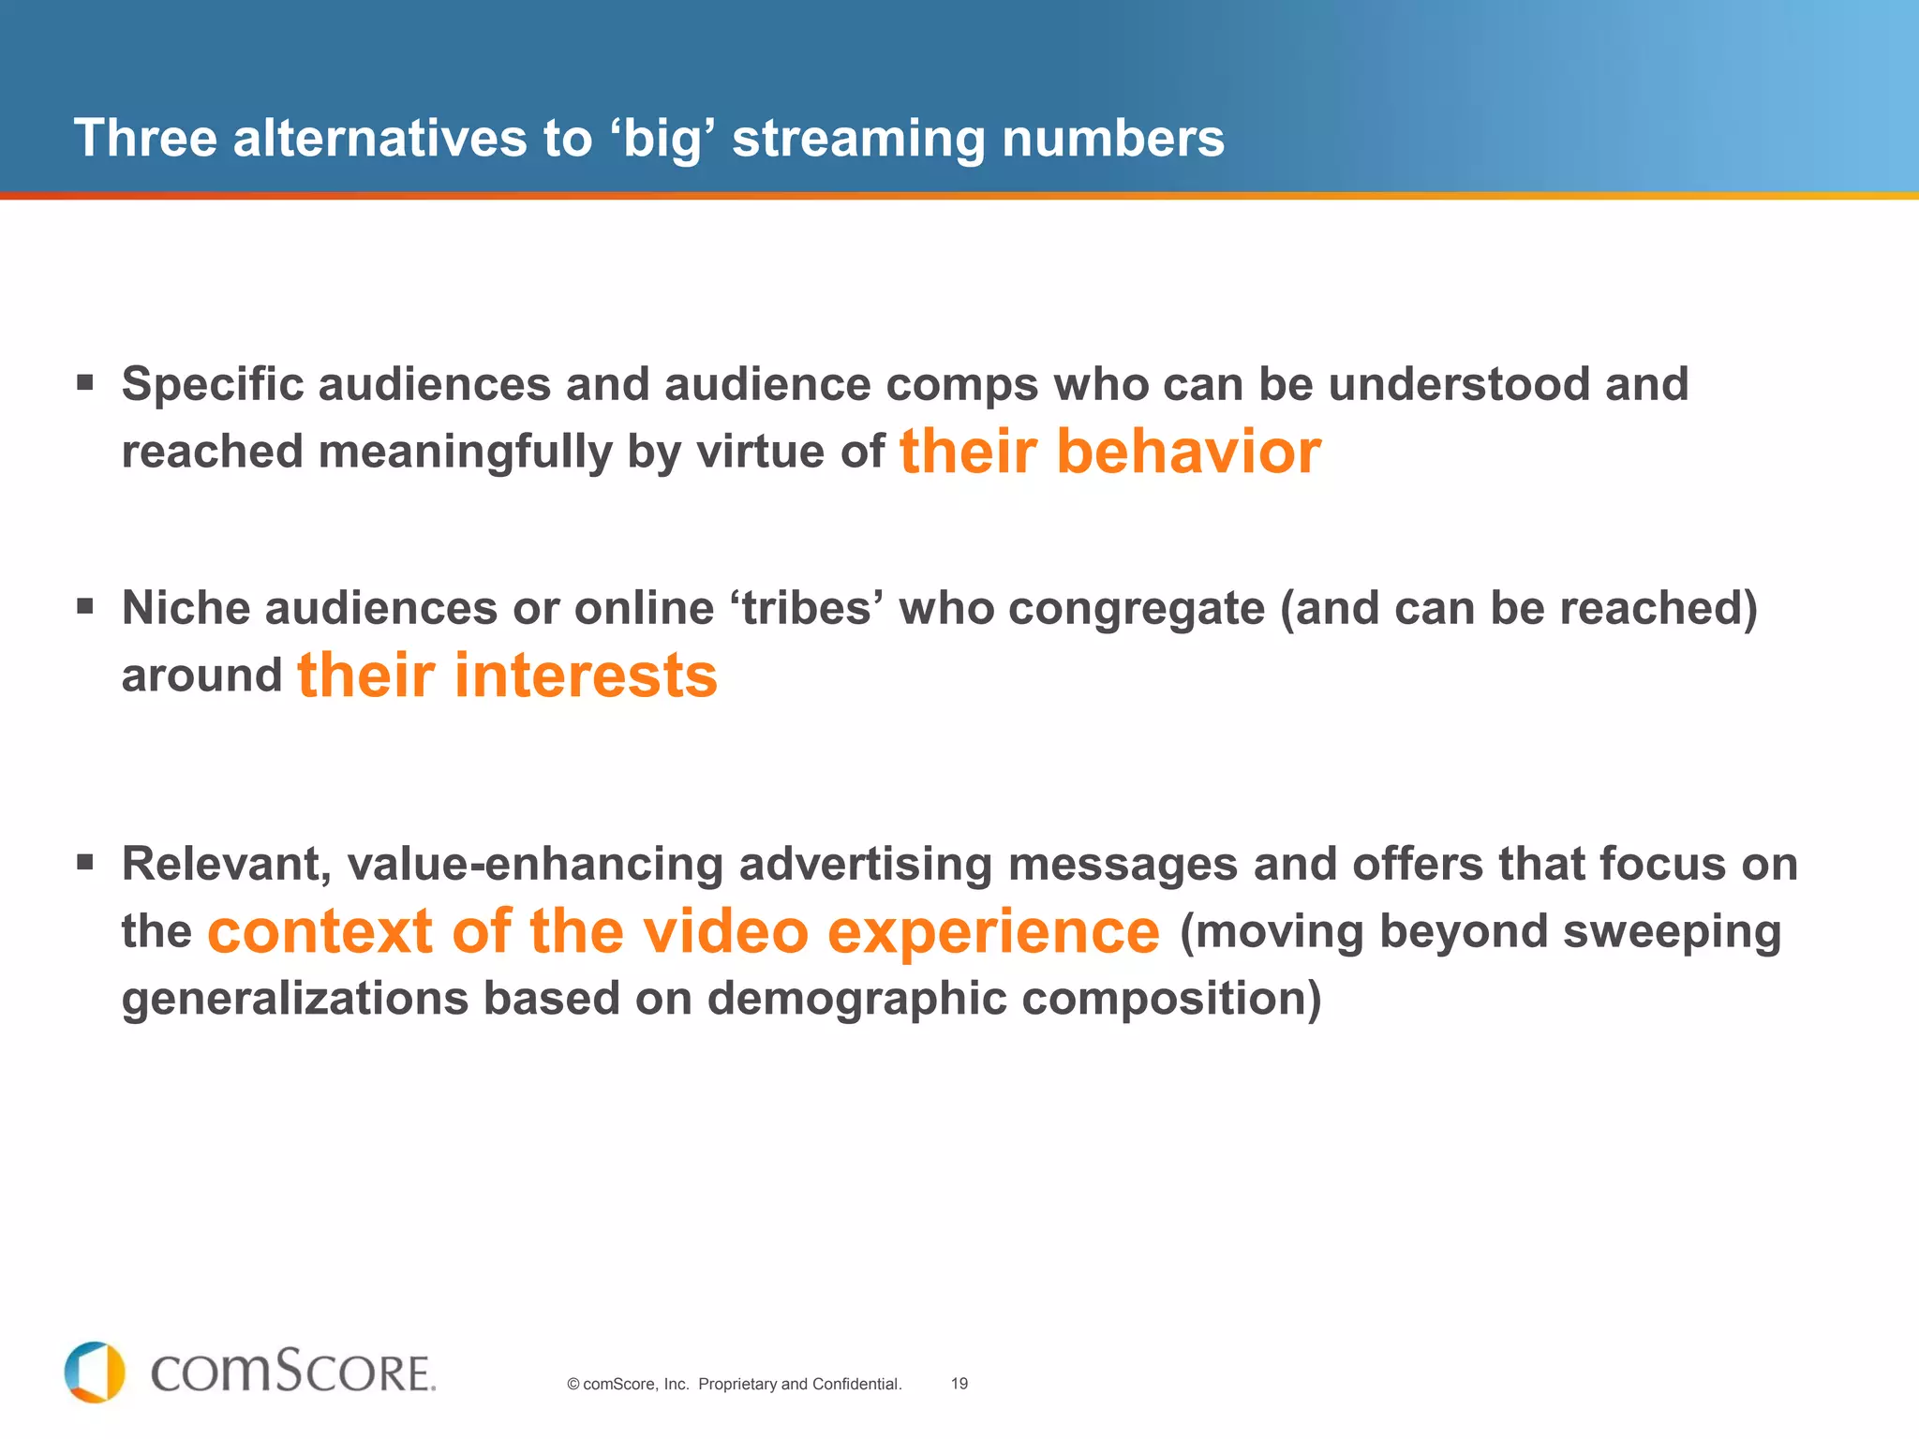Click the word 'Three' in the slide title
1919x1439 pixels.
(x=145, y=138)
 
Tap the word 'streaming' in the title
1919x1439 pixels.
(x=857, y=140)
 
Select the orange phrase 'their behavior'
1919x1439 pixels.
(x=1109, y=452)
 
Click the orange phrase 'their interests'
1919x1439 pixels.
(x=507, y=675)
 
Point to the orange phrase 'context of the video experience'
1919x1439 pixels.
(x=683, y=931)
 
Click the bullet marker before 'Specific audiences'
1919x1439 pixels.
(x=85, y=382)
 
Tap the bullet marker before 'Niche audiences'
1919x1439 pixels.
(x=85, y=606)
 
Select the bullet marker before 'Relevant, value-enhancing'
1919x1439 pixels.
(x=85, y=862)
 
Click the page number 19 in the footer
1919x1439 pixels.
(x=959, y=1384)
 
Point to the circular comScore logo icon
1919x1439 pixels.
(x=95, y=1372)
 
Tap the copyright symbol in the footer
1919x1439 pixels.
(x=573, y=1385)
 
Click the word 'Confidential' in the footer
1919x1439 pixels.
(x=855, y=1384)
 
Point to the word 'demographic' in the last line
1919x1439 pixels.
(x=855, y=999)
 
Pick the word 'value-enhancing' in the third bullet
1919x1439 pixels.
(x=535, y=864)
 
